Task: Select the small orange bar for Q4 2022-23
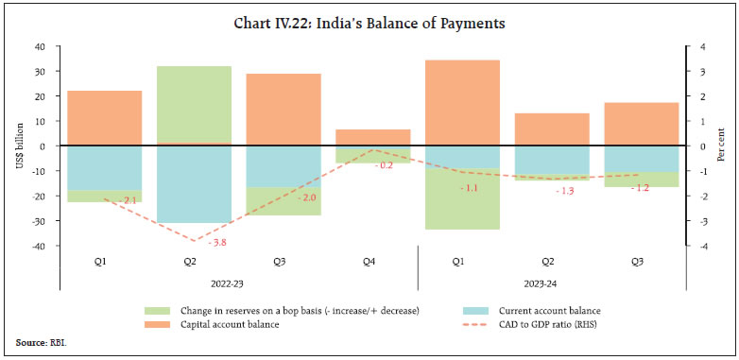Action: [x=372, y=138]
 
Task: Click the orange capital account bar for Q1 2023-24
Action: [x=462, y=103]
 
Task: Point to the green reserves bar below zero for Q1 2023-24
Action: [x=462, y=198]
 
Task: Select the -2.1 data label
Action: [x=129, y=200]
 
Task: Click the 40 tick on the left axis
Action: [x=40, y=47]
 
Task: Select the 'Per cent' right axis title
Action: [x=724, y=146]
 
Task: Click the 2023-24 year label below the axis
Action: [x=551, y=281]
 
